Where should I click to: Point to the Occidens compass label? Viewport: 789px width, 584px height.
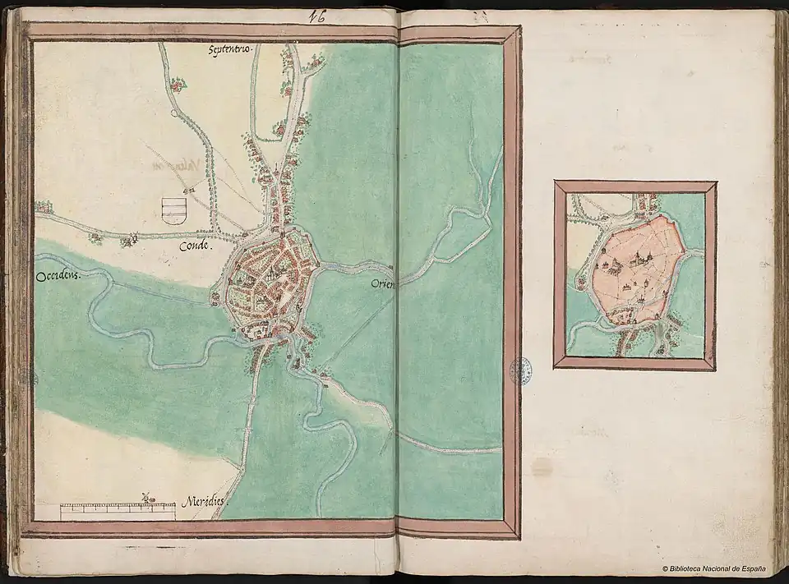tap(61, 278)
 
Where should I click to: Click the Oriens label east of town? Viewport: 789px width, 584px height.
tap(384, 284)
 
